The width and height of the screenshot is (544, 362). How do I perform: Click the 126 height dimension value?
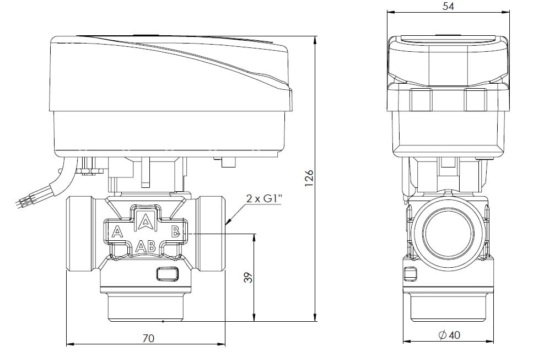[x=309, y=178]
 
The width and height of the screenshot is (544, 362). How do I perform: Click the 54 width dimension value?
[x=448, y=6]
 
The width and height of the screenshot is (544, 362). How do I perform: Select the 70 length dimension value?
[x=148, y=338]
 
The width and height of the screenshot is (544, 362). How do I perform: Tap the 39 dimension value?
[x=249, y=277]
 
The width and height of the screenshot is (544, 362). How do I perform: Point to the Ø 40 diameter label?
[x=449, y=335]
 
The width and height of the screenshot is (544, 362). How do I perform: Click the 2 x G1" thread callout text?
[x=264, y=199]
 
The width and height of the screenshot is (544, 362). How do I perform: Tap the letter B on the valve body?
[x=176, y=231]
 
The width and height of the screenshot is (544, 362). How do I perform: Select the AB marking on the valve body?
[x=145, y=246]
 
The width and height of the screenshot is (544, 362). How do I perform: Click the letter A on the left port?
[x=117, y=231]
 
